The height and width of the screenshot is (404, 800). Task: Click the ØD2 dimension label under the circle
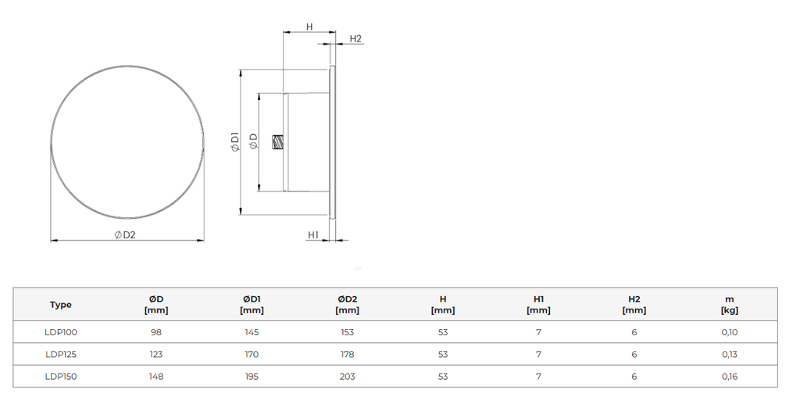pos(125,235)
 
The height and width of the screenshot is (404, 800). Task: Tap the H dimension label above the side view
pos(309,27)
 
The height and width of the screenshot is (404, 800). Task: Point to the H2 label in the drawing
pos(355,39)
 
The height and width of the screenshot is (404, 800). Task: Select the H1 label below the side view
pos(313,234)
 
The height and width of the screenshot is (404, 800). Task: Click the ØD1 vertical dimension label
pos(234,141)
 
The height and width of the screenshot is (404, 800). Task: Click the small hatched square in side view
pos(277,142)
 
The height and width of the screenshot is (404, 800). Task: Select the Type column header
pos(61,305)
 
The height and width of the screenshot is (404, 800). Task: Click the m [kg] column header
pos(729,304)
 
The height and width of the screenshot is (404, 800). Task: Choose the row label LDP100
pos(61,332)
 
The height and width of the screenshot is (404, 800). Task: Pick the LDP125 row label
pos(61,354)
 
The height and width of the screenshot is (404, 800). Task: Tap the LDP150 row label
pos(61,376)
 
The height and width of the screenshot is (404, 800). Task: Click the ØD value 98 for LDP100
pos(156,332)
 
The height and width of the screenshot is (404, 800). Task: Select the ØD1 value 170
pos(252,354)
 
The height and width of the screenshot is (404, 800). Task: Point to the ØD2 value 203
pos(348,376)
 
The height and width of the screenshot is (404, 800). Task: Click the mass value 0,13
pos(729,354)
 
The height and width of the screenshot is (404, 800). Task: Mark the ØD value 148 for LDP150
pos(156,376)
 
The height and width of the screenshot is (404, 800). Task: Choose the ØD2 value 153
pos(348,332)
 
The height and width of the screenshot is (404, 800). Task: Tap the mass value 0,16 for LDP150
pos(729,376)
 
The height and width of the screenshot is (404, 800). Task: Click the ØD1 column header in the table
pos(252,304)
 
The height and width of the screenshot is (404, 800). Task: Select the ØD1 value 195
pos(252,376)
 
